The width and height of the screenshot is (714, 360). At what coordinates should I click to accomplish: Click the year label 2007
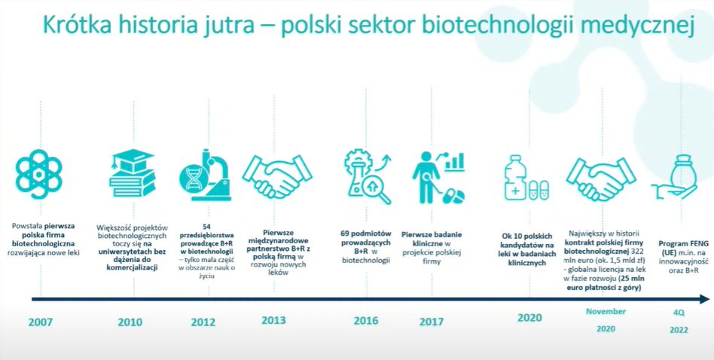point(41,322)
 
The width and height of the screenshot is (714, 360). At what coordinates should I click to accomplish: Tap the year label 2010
point(130,322)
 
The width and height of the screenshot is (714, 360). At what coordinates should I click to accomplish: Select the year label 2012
point(203,322)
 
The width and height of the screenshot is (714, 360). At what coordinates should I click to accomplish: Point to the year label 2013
point(273,320)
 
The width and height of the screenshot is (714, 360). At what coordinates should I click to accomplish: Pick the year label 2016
point(366,320)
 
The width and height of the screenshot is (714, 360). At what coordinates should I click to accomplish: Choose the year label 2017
point(432,322)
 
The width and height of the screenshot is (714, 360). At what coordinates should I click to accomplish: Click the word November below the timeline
point(606,312)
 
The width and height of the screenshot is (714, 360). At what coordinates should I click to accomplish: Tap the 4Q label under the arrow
point(679,313)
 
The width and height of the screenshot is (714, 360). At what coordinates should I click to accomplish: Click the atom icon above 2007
point(38,174)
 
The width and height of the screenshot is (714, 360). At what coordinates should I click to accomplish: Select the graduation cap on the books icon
point(132,160)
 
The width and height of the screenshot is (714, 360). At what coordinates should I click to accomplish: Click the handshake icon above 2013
point(278,176)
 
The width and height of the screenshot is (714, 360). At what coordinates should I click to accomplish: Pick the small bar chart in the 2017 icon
point(455,162)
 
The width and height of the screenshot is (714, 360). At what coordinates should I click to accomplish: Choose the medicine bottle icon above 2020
point(515,178)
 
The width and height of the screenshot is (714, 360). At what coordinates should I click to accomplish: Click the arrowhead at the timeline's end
point(704,299)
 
